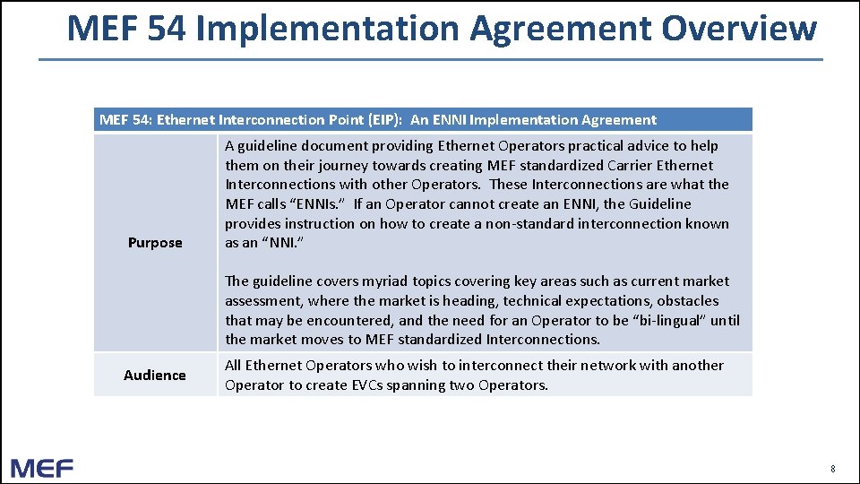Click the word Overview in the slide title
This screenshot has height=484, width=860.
click(739, 28)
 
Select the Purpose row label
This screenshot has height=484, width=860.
click(155, 243)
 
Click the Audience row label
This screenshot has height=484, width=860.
click(155, 376)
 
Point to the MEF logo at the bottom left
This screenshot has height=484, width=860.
click(42, 468)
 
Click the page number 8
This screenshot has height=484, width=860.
click(832, 469)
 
